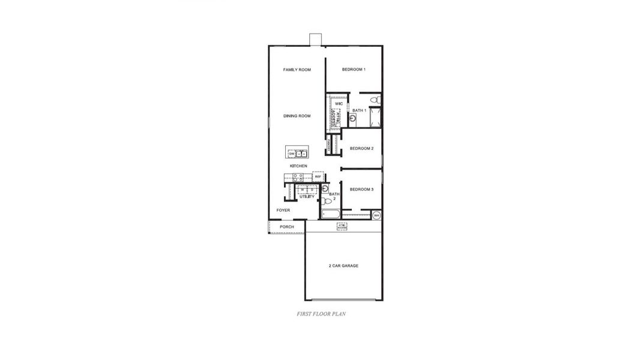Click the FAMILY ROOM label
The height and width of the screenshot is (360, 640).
click(x=297, y=70)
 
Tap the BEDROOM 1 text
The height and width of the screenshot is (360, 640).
click(x=354, y=70)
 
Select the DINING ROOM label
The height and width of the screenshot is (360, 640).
click(x=297, y=116)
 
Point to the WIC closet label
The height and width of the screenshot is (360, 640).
click(x=339, y=104)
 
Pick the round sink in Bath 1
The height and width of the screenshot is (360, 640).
click(x=352, y=119)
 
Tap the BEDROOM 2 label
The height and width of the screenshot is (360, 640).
click(x=362, y=148)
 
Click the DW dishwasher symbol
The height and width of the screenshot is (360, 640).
click(x=292, y=154)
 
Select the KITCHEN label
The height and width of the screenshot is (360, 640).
click(x=298, y=166)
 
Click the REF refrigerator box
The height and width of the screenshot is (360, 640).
click(x=318, y=176)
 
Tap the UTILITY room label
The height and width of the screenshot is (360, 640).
click(x=307, y=196)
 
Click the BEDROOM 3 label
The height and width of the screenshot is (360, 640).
click(x=362, y=189)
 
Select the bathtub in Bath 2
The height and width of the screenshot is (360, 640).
click(x=331, y=214)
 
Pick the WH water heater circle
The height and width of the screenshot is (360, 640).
click(x=376, y=215)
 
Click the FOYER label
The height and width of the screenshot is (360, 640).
click(x=283, y=210)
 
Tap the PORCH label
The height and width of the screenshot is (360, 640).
click(x=287, y=227)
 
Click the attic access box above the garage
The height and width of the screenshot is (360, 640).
click(x=342, y=227)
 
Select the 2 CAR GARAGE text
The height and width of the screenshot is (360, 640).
click(x=343, y=265)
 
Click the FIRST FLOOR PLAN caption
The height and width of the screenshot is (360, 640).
click(x=321, y=313)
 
